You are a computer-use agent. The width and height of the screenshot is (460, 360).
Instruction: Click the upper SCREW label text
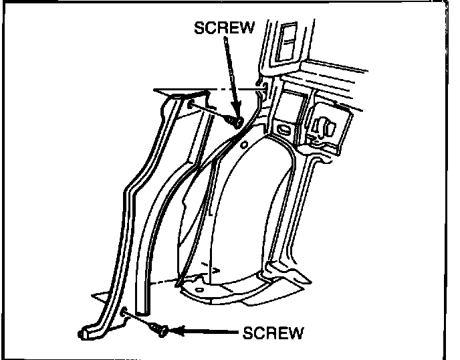[x=223, y=28]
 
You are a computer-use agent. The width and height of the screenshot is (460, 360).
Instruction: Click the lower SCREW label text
[x=273, y=331]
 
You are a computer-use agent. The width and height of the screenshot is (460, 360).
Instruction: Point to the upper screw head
[x=235, y=120]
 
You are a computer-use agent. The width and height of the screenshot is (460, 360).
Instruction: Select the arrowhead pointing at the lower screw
[x=175, y=330]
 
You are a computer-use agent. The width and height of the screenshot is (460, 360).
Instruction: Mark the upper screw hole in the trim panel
[x=191, y=104]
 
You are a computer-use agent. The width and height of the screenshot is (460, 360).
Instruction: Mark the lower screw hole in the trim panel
[x=126, y=310]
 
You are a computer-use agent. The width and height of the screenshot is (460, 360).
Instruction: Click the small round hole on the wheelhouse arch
[x=244, y=145]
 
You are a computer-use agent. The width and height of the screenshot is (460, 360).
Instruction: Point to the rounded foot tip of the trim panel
[x=82, y=333]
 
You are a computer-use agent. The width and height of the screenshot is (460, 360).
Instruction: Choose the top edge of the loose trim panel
[x=181, y=92]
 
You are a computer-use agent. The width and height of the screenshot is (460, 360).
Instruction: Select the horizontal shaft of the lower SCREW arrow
[x=207, y=331]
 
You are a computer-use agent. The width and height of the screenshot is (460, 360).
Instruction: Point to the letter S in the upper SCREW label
[x=198, y=28]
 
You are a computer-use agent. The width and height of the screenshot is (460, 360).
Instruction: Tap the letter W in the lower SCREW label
[x=297, y=331]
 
